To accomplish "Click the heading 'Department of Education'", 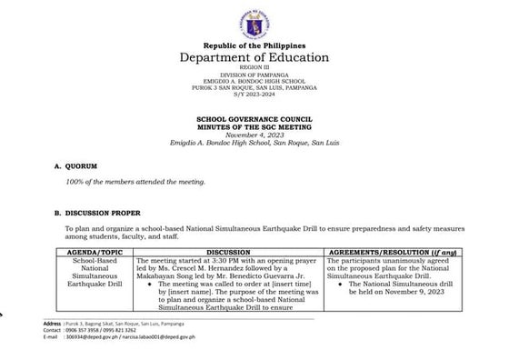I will [x=254, y=58].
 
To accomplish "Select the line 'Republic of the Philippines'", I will [x=254, y=45].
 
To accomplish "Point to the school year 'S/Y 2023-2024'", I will [x=254, y=94].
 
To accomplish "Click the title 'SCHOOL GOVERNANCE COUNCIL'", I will [x=254, y=118].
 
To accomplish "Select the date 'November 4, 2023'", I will [x=254, y=134].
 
